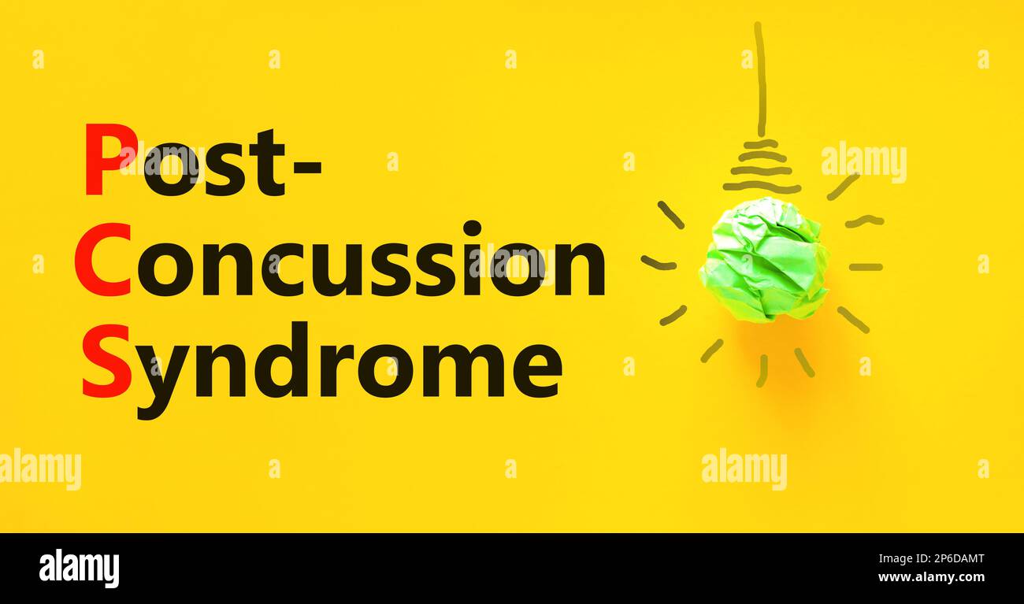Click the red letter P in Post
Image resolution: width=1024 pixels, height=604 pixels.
tap(109, 160)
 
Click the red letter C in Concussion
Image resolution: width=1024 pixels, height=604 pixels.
tap(103, 260)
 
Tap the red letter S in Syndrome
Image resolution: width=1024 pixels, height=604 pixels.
tap(107, 361)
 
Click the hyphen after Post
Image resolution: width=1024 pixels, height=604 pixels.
tap(308, 166)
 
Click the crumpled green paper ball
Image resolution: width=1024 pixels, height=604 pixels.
tap(763, 260)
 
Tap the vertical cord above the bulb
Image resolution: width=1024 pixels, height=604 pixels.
tap(760, 79)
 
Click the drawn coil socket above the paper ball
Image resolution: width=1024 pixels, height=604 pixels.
tap(761, 167)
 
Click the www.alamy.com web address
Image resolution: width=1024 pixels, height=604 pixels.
tap(930, 577)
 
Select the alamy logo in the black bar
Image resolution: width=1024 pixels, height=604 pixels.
tap(79, 568)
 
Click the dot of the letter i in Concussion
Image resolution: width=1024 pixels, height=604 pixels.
tap(472, 228)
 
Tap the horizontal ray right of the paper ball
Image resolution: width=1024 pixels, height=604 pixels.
tap(865, 267)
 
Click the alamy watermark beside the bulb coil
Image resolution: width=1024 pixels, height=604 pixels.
tap(863, 161)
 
